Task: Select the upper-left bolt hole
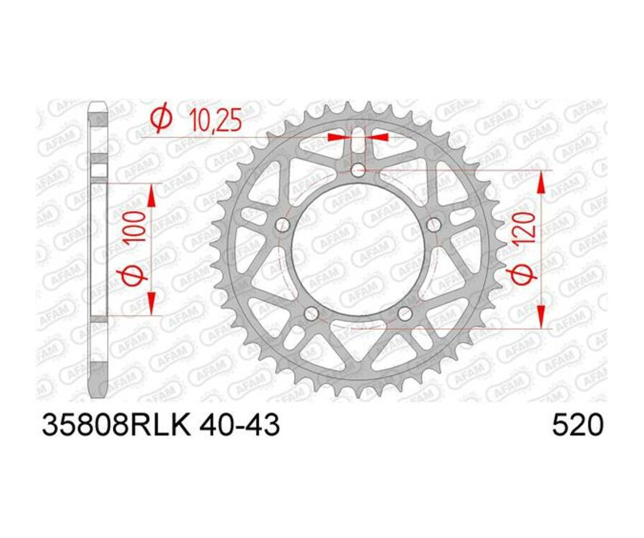coord(283,225)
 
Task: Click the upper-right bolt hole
coord(434,225)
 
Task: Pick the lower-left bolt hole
coord(311,314)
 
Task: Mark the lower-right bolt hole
coord(405,314)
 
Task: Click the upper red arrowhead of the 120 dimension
coord(541,182)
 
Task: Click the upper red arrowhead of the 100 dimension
coord(151,196)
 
